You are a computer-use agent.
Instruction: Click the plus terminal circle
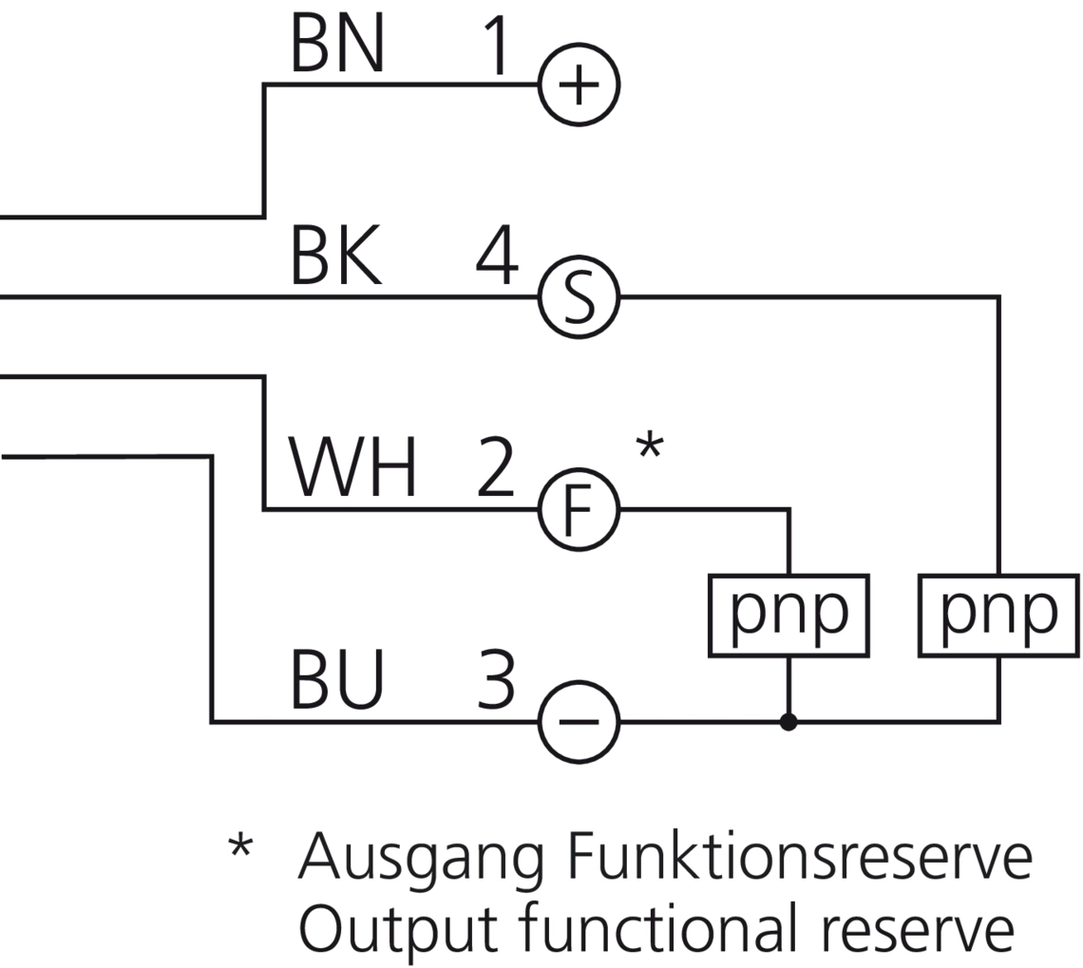[579, 85]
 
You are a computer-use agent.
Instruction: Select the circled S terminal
[579, 297]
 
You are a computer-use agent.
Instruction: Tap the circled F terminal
[579, 510]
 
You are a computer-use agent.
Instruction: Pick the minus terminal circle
[579, 722]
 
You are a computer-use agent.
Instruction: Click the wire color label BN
[337, 45]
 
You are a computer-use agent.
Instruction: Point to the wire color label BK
[336, 256]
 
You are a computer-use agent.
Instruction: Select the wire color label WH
[352, 469]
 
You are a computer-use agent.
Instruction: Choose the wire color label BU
[337, 681]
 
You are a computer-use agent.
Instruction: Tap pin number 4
[497, 256]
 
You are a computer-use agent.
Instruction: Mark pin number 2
[495, 469]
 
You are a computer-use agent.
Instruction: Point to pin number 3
[496, 681]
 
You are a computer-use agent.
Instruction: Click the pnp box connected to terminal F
[788, 615]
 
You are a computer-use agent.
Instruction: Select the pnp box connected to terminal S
[998, 615]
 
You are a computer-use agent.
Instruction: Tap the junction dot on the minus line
[788, 723]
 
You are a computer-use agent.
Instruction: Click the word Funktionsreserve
[799, 857]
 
